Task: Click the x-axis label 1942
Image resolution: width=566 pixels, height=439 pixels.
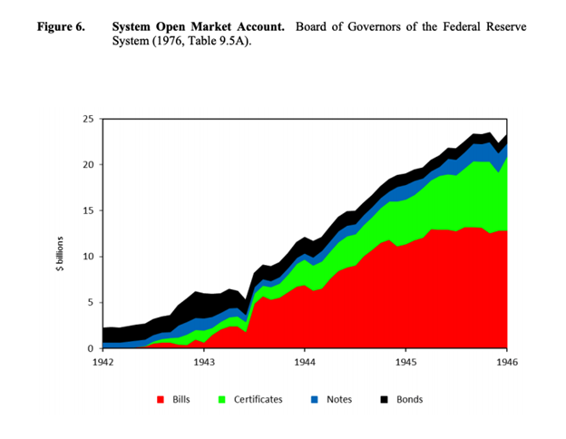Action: pos(102,361)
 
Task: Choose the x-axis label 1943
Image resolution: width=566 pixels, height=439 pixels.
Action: pos(204,361)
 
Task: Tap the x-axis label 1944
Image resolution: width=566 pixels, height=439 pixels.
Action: pos(305,361)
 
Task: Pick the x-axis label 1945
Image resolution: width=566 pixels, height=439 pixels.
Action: pos(405,361)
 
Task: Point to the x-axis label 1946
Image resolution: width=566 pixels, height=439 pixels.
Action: pos(506,361)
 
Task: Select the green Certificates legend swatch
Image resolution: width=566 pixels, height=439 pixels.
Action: pos(224,399)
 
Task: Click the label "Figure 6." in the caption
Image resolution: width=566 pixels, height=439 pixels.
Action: pos(61,26)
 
